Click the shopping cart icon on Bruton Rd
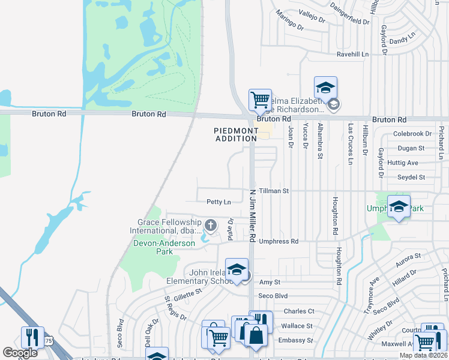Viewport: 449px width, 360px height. click(260, 100)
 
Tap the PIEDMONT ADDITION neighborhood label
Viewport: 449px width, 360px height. click(235, 134)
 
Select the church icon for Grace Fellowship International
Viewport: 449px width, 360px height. click(210, 225)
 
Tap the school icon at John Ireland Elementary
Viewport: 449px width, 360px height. click(237, 269)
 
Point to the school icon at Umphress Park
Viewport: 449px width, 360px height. click(399, 206)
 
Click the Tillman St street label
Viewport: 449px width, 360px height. click(274, 191)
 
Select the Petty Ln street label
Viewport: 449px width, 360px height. click(218, 202)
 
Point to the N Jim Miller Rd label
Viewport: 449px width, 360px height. click(253, 216)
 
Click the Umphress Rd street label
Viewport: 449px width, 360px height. click(279, 241)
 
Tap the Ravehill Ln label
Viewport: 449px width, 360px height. click(352, 54)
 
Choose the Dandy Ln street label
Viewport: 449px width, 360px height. click(402, 40)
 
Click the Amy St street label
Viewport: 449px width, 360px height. click(270, 282)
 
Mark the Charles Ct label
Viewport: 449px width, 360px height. click(298, 311)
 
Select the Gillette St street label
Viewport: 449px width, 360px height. click(184, 294)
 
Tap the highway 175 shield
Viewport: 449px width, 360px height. click(48, 340)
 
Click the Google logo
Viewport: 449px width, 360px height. click(20, 353)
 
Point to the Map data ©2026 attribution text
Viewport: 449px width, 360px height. click(423, 355)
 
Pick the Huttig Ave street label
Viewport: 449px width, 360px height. click(403, 163)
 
